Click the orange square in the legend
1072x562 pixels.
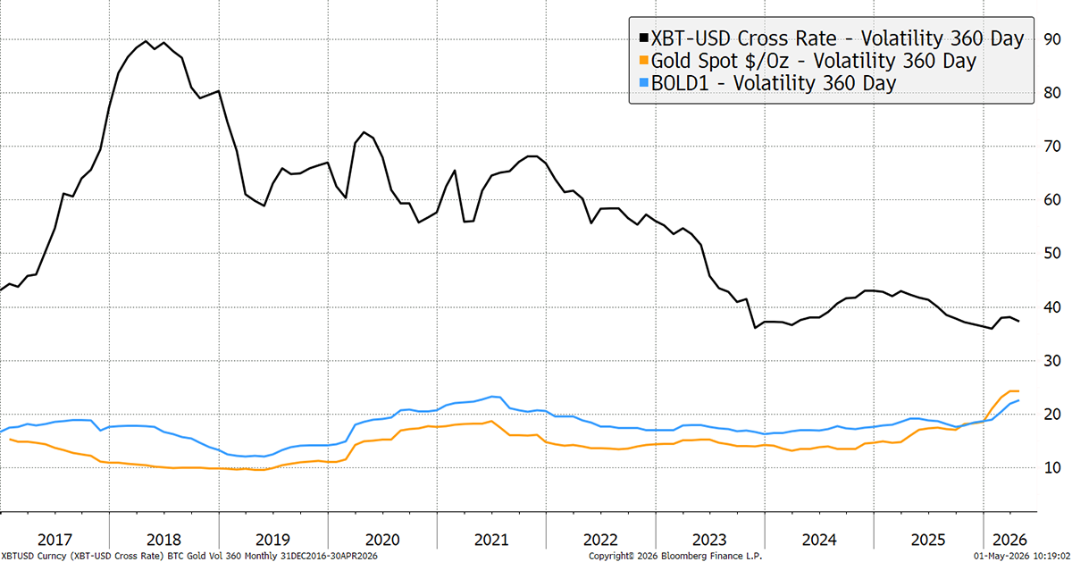click(644, 61)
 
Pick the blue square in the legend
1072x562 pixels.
click(644, 82)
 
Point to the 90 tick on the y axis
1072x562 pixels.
click(1052, 39)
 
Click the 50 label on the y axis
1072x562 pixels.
click(1052, 253)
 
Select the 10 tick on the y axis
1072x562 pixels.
click(1052, 467)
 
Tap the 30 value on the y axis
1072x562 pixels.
click(1052, 360)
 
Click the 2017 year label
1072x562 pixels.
click(54, 540)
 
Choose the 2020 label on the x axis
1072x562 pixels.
click(382, 540)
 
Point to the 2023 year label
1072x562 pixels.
click(709, 540)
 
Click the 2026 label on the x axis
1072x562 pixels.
click(1009, 540)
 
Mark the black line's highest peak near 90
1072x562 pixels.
click(146, 41)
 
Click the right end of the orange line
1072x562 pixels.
click(1018, 391)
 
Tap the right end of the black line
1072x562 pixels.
click(1019, 322)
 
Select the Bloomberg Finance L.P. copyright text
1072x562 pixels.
click(674, 557)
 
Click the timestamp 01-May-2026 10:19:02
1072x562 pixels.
click(1023, 557)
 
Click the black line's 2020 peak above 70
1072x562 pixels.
click(364, 132)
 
